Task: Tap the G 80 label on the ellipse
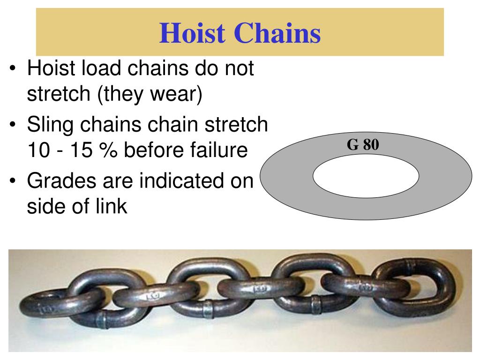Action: tap(362, 145)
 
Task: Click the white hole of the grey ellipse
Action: tap(366, 176)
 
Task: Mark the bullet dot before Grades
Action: tap(14, 181)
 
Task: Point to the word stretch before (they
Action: tap(58, 95)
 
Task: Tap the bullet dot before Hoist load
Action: tap(14, 69)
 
